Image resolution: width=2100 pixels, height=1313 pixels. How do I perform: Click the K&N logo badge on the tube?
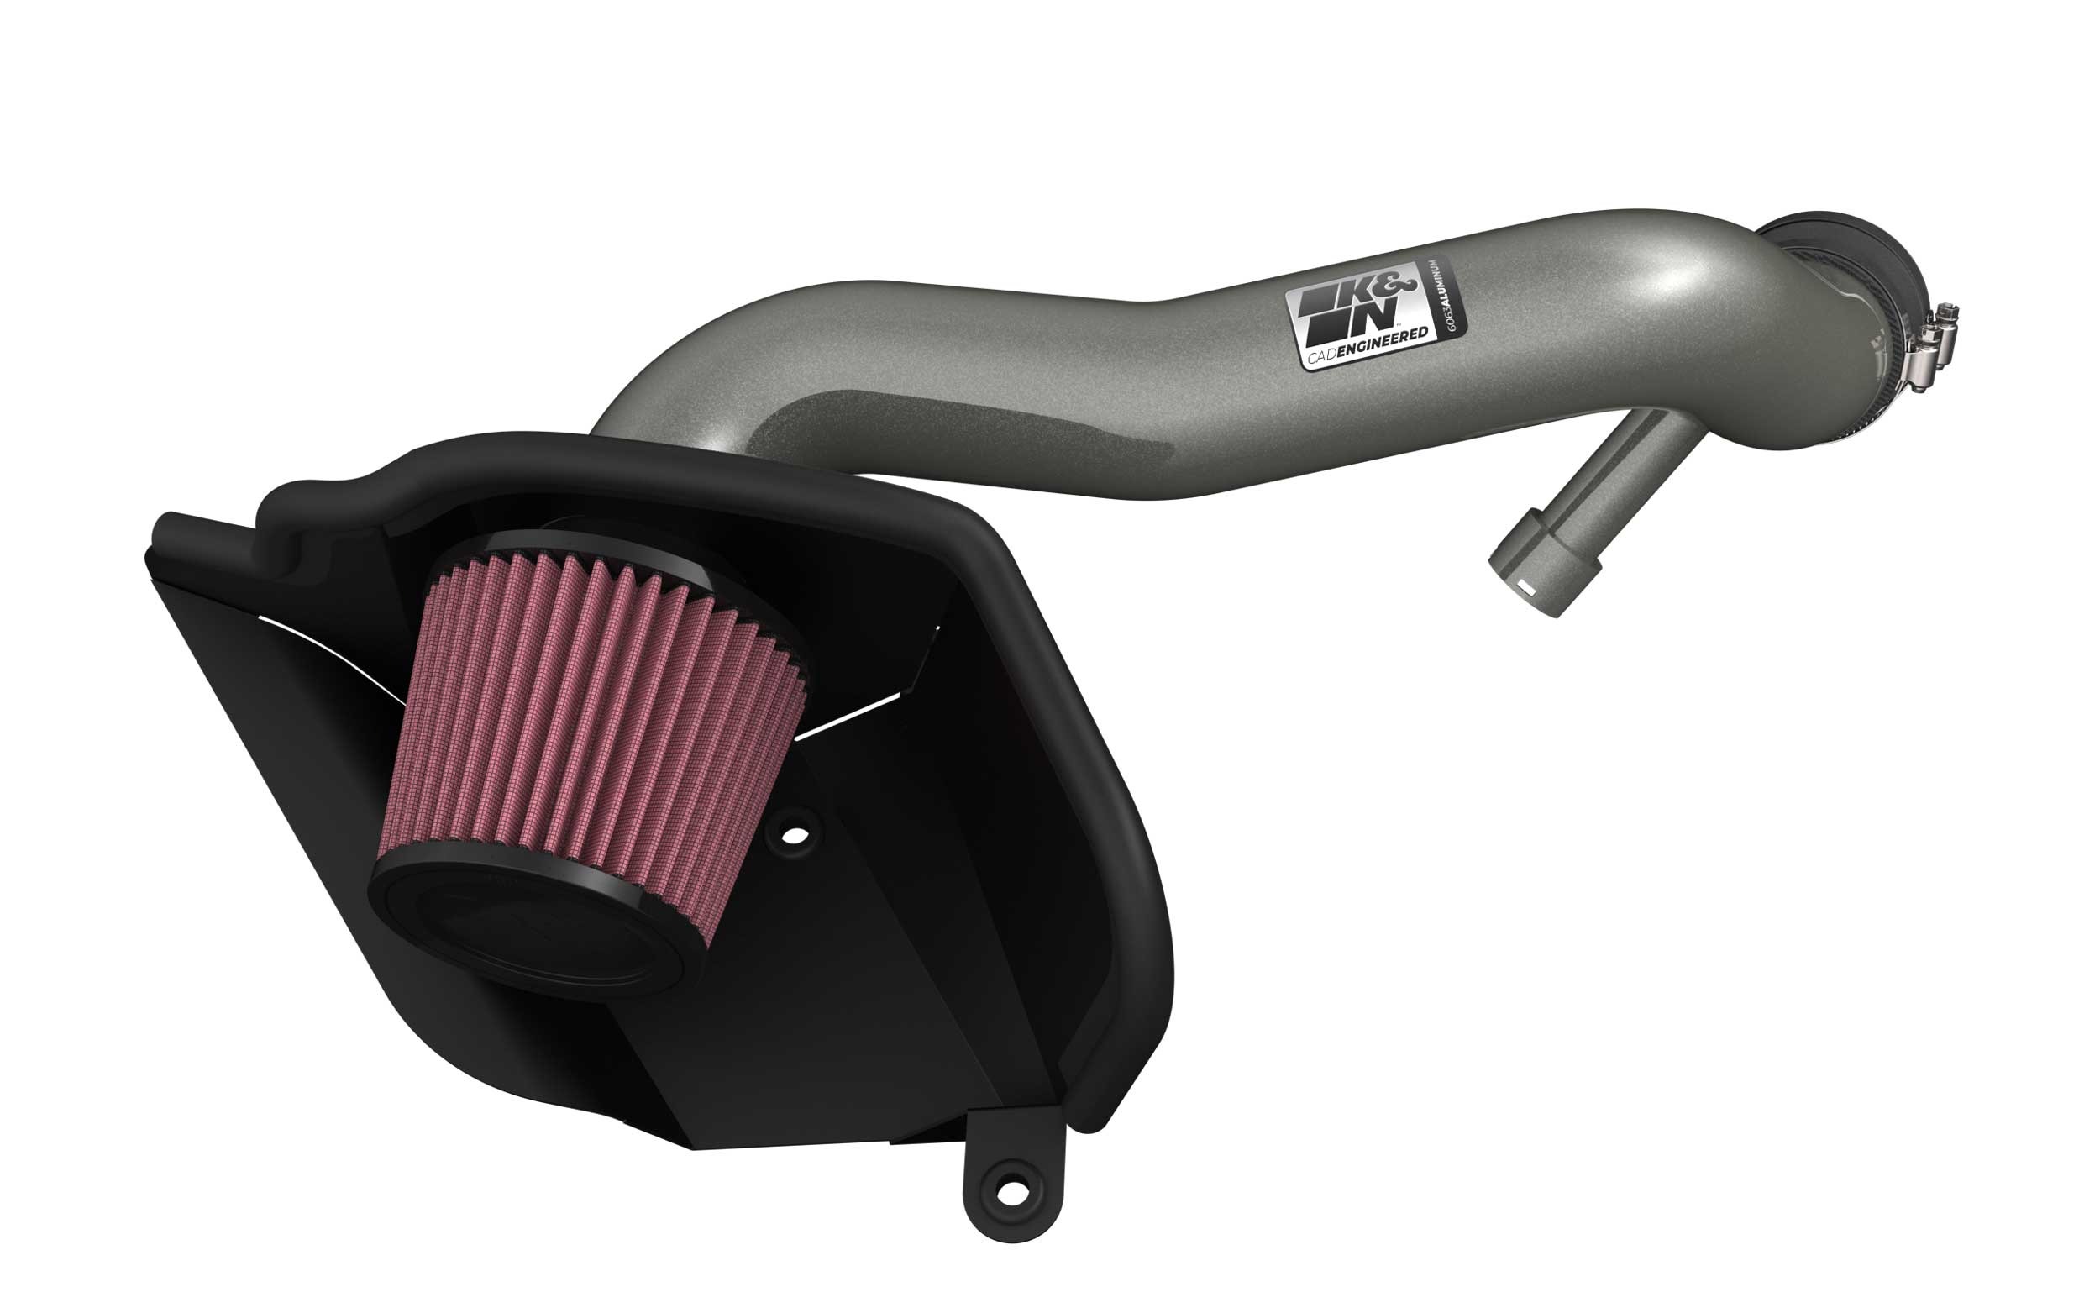1363,320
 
